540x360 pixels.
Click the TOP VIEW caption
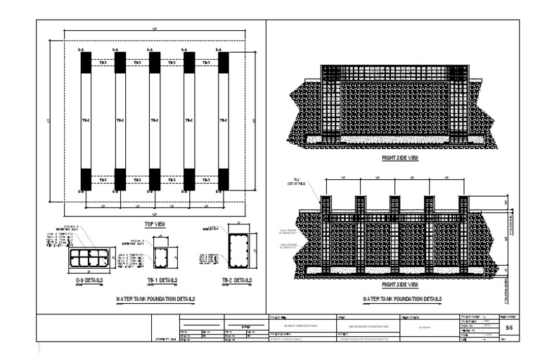point(154,223)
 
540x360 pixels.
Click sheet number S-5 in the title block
point(509,328)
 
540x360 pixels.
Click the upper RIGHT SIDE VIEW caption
point(399,158)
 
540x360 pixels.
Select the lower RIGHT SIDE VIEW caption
point(399,285)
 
